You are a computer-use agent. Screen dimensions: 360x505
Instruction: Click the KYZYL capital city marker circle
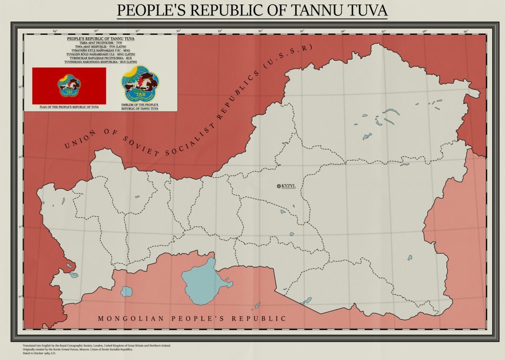point(279,186)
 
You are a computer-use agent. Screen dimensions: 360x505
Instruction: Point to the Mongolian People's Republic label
point(192,319)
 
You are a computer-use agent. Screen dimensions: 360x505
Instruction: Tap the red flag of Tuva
point(69,86)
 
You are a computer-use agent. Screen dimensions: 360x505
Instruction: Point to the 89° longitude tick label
point(55,31)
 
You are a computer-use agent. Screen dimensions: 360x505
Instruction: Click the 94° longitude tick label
point(261,31)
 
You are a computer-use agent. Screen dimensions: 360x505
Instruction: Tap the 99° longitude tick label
point(466,31)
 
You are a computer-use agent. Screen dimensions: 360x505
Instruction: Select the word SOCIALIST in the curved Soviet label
point(196,128)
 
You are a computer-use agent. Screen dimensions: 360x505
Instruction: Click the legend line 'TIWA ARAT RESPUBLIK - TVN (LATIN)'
point(100,46)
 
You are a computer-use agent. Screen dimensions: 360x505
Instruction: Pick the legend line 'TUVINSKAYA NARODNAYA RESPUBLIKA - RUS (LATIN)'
point(100,62)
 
